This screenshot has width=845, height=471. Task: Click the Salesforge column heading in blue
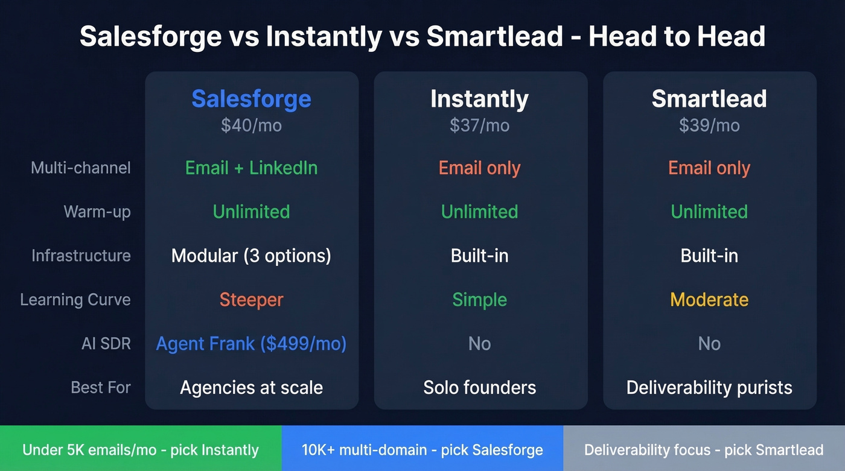click(x=251, y=99)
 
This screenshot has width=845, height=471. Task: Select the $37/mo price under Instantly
click(x=480, y=125)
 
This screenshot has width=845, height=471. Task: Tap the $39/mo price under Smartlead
click(x=709, y=125)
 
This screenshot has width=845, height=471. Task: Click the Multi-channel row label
click(x=80, y=168)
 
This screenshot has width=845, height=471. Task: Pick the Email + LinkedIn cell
click(x=251, y=168)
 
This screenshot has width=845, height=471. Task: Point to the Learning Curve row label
click(x=75, y=300)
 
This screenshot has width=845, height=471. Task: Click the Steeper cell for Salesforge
click(x=251, y=300)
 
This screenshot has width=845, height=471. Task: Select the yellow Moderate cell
click(x=709, y=300)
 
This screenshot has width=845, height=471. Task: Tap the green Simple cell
click(x=480, y=300)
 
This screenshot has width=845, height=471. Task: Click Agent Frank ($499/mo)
click(x=251, y=344)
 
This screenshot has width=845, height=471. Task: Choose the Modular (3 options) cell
click(x=251, y=256)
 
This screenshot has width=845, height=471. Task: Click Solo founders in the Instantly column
click(x=480, y=387)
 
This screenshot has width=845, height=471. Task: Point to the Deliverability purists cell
click(x=709, y=387)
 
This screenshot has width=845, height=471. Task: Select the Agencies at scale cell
click(x=251, y=387)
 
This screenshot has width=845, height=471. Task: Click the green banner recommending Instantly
click(x=141, y=450)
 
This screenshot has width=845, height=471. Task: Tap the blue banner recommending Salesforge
click(x=422, y=450)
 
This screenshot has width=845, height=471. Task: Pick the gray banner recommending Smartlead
click(x=704, y=450)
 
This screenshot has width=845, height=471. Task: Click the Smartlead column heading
click(x=709, y=99)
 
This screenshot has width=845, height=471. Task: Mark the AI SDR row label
click(x=106, y=344)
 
